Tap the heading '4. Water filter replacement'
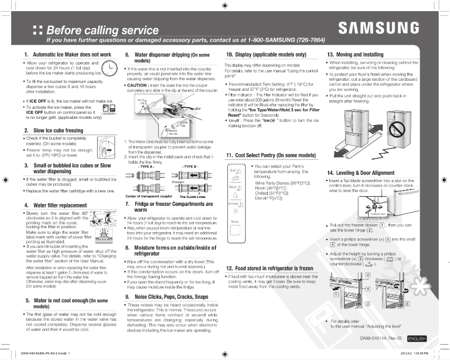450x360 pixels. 56,205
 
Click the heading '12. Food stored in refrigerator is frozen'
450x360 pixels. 269,268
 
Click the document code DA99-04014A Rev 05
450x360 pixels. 380,339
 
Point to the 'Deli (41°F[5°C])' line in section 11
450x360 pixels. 273,198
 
